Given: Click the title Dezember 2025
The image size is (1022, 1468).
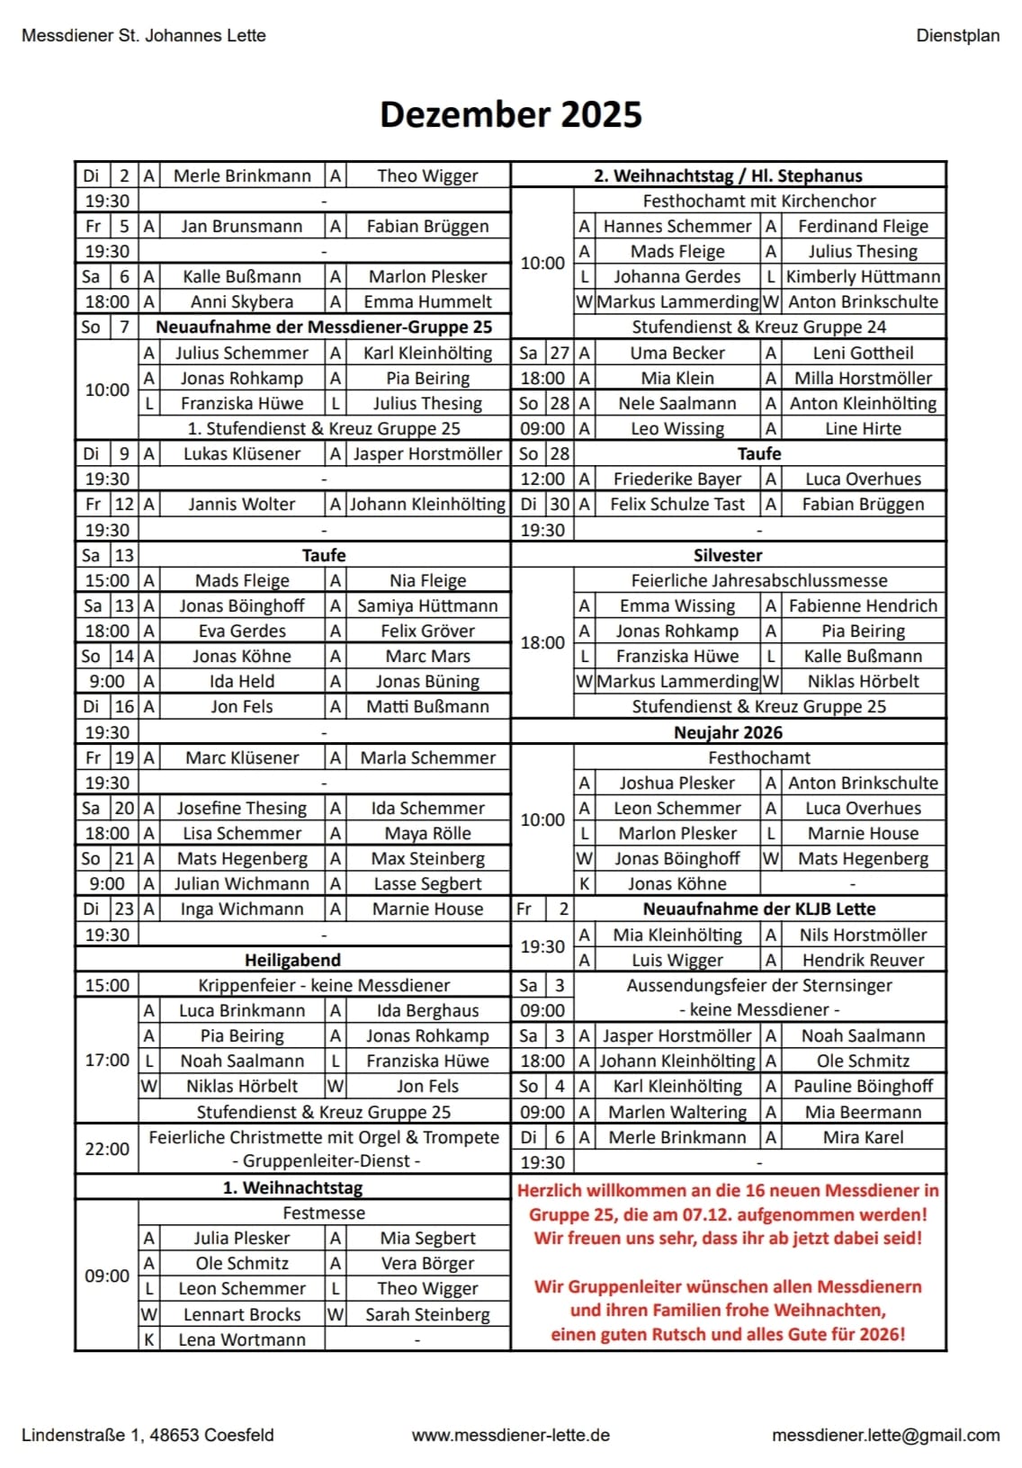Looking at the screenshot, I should tap(510, 114).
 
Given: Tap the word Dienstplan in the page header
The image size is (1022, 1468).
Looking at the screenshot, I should tap(957, 36).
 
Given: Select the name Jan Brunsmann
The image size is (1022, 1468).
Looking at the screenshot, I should tap(241, 227).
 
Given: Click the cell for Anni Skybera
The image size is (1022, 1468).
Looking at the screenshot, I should tap(241, 302).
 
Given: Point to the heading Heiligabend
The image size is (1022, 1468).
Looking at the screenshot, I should tap(292, 960).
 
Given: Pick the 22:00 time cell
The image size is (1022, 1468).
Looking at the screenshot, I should tap(107, 1150).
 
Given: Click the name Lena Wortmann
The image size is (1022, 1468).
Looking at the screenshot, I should tap(241, 1339).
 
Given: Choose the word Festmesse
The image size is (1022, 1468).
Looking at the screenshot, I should tap(324, 1213).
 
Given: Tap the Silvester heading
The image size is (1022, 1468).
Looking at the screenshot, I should tap(728, 555).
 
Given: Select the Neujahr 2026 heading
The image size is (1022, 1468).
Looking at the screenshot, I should tap(728, 732).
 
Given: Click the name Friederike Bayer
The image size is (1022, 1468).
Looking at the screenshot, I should tap(677, 479).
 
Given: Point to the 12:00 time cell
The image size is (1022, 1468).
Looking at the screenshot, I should tap(542, 479).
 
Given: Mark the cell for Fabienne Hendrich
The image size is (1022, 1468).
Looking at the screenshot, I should tap(863, 606).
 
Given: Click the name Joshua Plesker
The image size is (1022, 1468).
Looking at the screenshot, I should tap(677, 783).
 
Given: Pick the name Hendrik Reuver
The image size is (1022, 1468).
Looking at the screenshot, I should tap(863, 961).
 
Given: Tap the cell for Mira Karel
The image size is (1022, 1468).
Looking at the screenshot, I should tap(863, 1138).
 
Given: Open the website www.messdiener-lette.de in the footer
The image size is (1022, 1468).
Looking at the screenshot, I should tap(510, 1436).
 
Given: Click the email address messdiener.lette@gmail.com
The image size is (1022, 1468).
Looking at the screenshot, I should tap(885, 1436).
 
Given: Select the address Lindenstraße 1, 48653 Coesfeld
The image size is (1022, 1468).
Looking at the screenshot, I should tap(148, 1436).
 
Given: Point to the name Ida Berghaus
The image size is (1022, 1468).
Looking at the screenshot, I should tap(427, 1011).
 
